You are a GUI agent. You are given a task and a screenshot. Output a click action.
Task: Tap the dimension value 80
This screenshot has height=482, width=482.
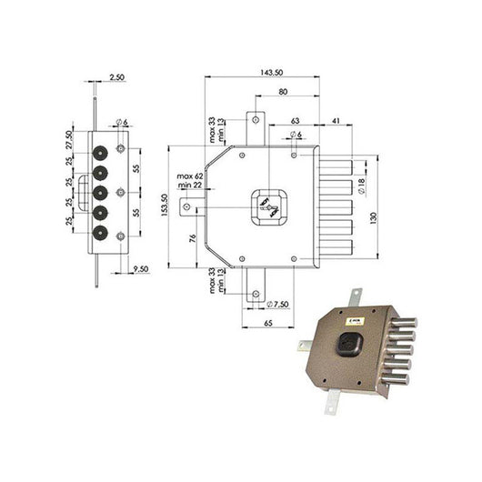click(x=284, y=92)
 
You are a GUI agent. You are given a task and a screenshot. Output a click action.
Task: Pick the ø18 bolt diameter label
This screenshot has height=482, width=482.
click(x=361, y=186)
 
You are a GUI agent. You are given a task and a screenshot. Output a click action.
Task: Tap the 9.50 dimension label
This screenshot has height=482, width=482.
click(x=139, y=269)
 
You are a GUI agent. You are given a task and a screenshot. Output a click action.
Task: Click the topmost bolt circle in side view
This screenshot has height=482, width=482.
click(x=101, y=151)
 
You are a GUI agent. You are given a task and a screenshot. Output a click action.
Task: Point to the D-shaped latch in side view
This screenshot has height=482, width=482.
click(x=85, y=192)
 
